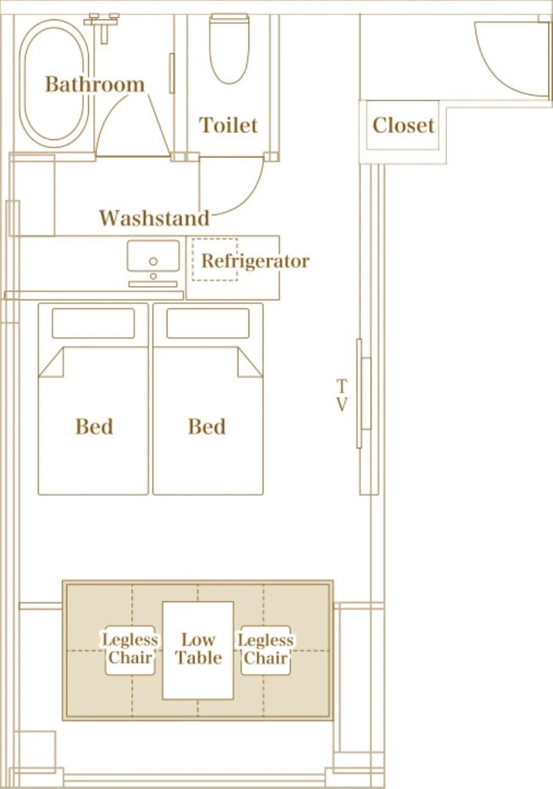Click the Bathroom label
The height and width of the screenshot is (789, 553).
click(x=94, y=84)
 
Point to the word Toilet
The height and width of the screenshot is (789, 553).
click(x=228, y=125)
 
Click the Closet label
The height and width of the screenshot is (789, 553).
click(x=403, y=125)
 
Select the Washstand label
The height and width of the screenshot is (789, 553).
click(x=154, y=218)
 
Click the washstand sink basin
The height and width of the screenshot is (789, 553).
click(x=153, y=256)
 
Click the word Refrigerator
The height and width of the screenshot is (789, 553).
click(x=255, y=261)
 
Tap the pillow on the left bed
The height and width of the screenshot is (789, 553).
click(x=93, y=323)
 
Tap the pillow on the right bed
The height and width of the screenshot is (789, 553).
click(x=208, y=323)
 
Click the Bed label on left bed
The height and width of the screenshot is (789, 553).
click(x=94, y=427)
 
